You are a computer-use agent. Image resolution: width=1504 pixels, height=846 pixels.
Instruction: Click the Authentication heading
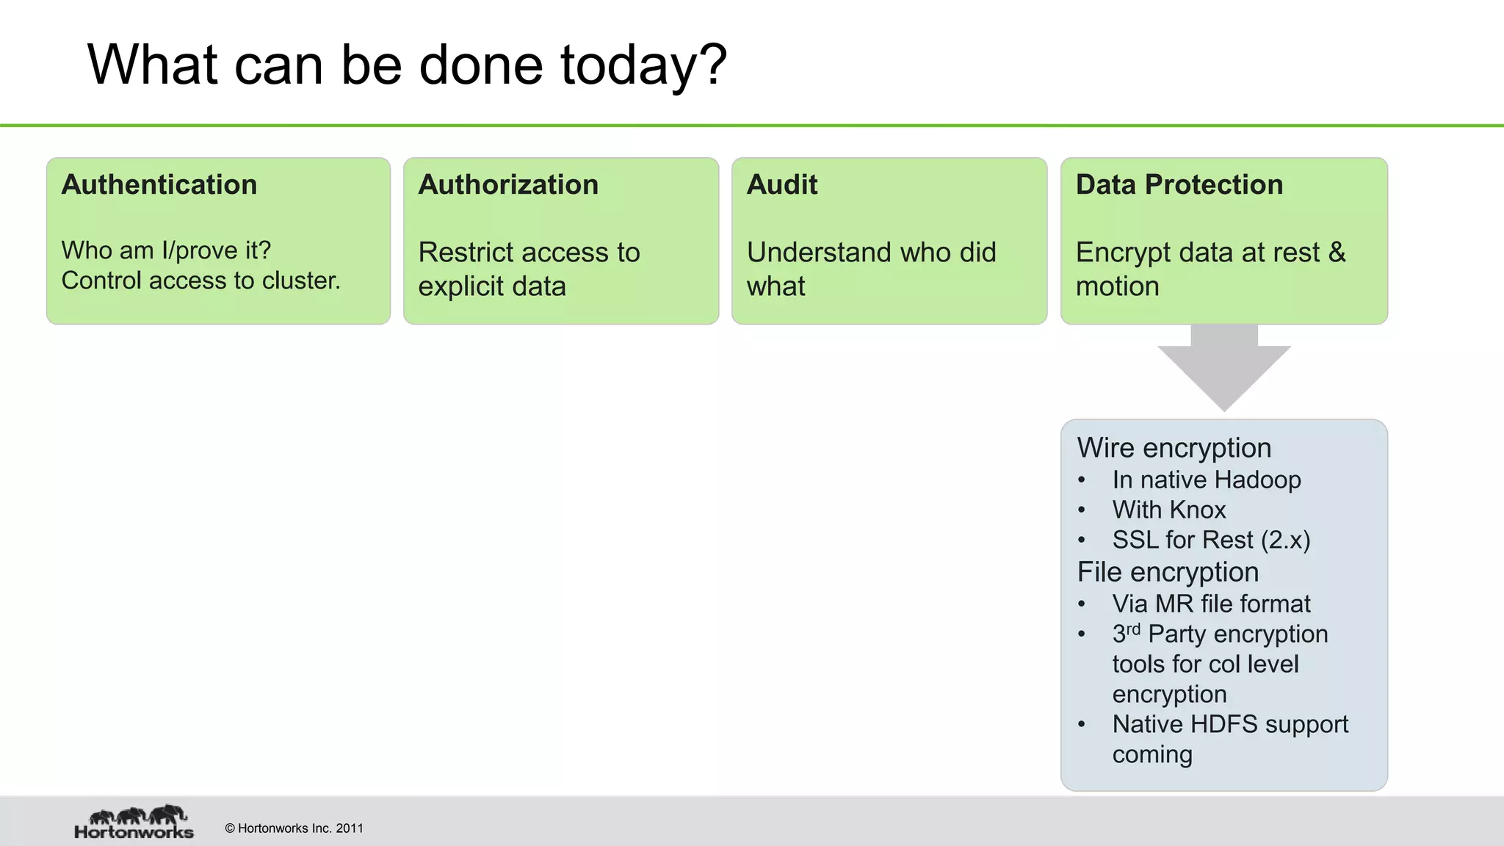159,185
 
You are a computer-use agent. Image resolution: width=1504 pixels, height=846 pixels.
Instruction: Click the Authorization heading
508,185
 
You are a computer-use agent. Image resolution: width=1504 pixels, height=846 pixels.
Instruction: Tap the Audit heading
781,185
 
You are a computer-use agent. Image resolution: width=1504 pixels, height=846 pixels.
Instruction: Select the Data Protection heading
1179,185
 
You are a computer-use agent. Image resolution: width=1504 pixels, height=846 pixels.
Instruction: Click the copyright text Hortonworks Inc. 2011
294,828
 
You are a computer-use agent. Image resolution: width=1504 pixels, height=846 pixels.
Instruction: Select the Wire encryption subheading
1174,448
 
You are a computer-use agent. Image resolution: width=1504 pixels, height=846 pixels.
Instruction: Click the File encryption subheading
1168,572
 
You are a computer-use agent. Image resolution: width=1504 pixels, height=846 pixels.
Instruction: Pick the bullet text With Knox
1168,510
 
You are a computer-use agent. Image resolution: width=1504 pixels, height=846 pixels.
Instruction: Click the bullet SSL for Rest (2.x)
1210,540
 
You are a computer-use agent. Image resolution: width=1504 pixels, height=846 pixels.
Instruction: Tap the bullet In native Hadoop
1206,480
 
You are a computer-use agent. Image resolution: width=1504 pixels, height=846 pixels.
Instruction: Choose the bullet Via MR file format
1210,604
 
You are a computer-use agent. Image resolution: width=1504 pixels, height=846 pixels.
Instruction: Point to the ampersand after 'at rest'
1337,253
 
